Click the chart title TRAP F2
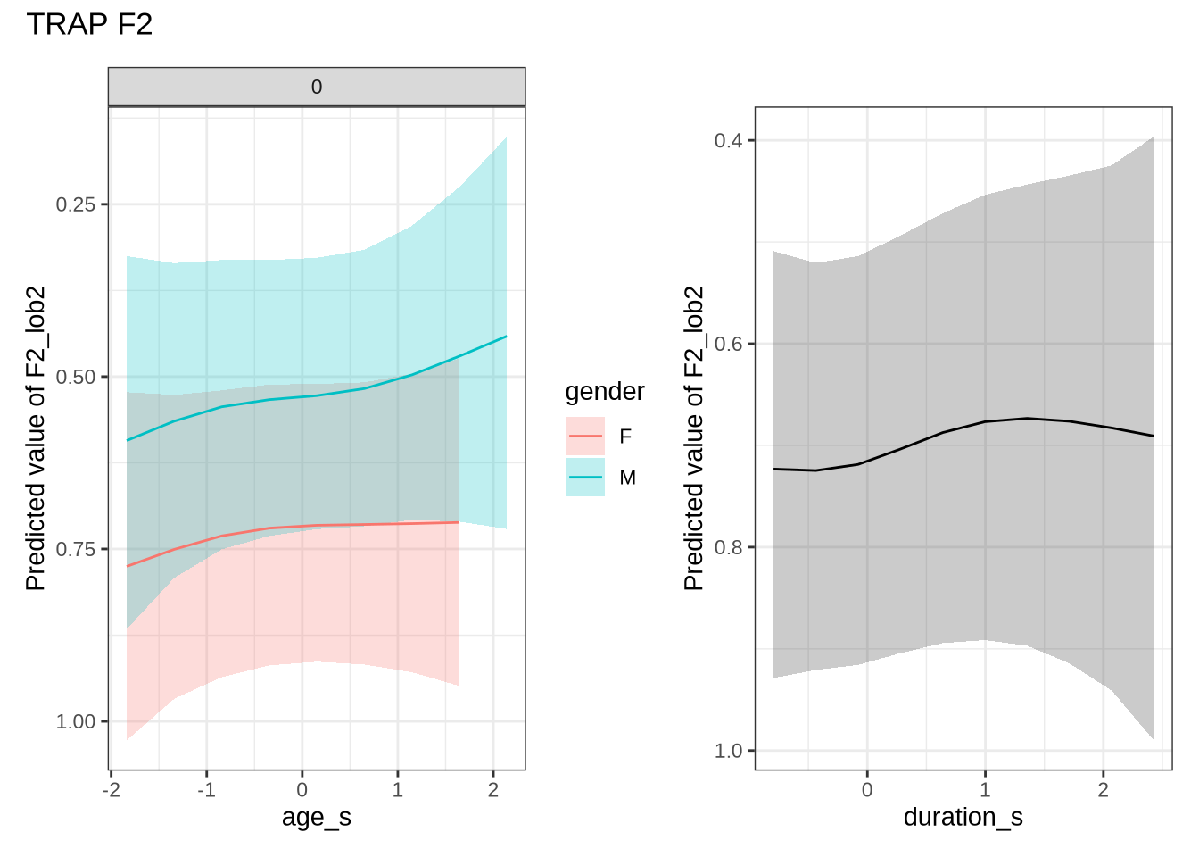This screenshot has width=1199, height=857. (x=89, y=24)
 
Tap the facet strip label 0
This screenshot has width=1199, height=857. (x=317, y=87)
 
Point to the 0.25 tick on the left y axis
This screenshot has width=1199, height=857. (x=75, y=204)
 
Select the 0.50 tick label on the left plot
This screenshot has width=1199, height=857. (x=75, y=377)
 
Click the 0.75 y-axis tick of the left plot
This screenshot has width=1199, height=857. (x=75, y=549)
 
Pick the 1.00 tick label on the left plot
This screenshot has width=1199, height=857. (x=75, y=721)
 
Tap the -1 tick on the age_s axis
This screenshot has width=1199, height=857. (x=206, y=790)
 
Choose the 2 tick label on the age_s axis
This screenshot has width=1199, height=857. (x=493, y=790)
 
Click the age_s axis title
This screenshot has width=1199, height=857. (x=317, y=817)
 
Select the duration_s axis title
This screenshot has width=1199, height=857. (x=963, y=817)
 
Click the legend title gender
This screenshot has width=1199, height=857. (x=605, y=391)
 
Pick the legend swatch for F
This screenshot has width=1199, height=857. (x=585, y=437)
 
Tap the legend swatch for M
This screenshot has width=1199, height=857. (x=585, y=478)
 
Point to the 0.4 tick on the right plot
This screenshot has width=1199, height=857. (x=728, y=140)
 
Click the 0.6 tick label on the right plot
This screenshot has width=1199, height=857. (x=728, y=344)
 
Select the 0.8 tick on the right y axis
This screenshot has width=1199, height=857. (x=728, y=547)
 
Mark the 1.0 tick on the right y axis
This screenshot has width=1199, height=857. (x=728, y=751)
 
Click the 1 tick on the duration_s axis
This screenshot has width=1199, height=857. (x=985, y=790)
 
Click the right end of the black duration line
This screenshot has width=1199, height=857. (x=1153, y=436)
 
